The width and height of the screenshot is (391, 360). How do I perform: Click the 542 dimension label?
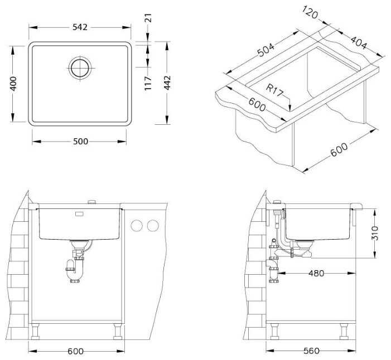80,27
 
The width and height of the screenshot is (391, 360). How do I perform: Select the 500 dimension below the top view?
80,142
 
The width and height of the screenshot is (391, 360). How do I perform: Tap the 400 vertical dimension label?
13,84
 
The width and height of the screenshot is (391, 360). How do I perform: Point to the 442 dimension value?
167,82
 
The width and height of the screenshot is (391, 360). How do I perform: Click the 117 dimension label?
148,83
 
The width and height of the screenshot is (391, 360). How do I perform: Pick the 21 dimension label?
148,18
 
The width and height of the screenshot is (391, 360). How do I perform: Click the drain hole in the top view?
80,68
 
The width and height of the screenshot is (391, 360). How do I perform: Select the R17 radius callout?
274,90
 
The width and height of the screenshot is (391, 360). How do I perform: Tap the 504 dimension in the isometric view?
266,50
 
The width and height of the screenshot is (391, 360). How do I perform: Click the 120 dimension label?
310,12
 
